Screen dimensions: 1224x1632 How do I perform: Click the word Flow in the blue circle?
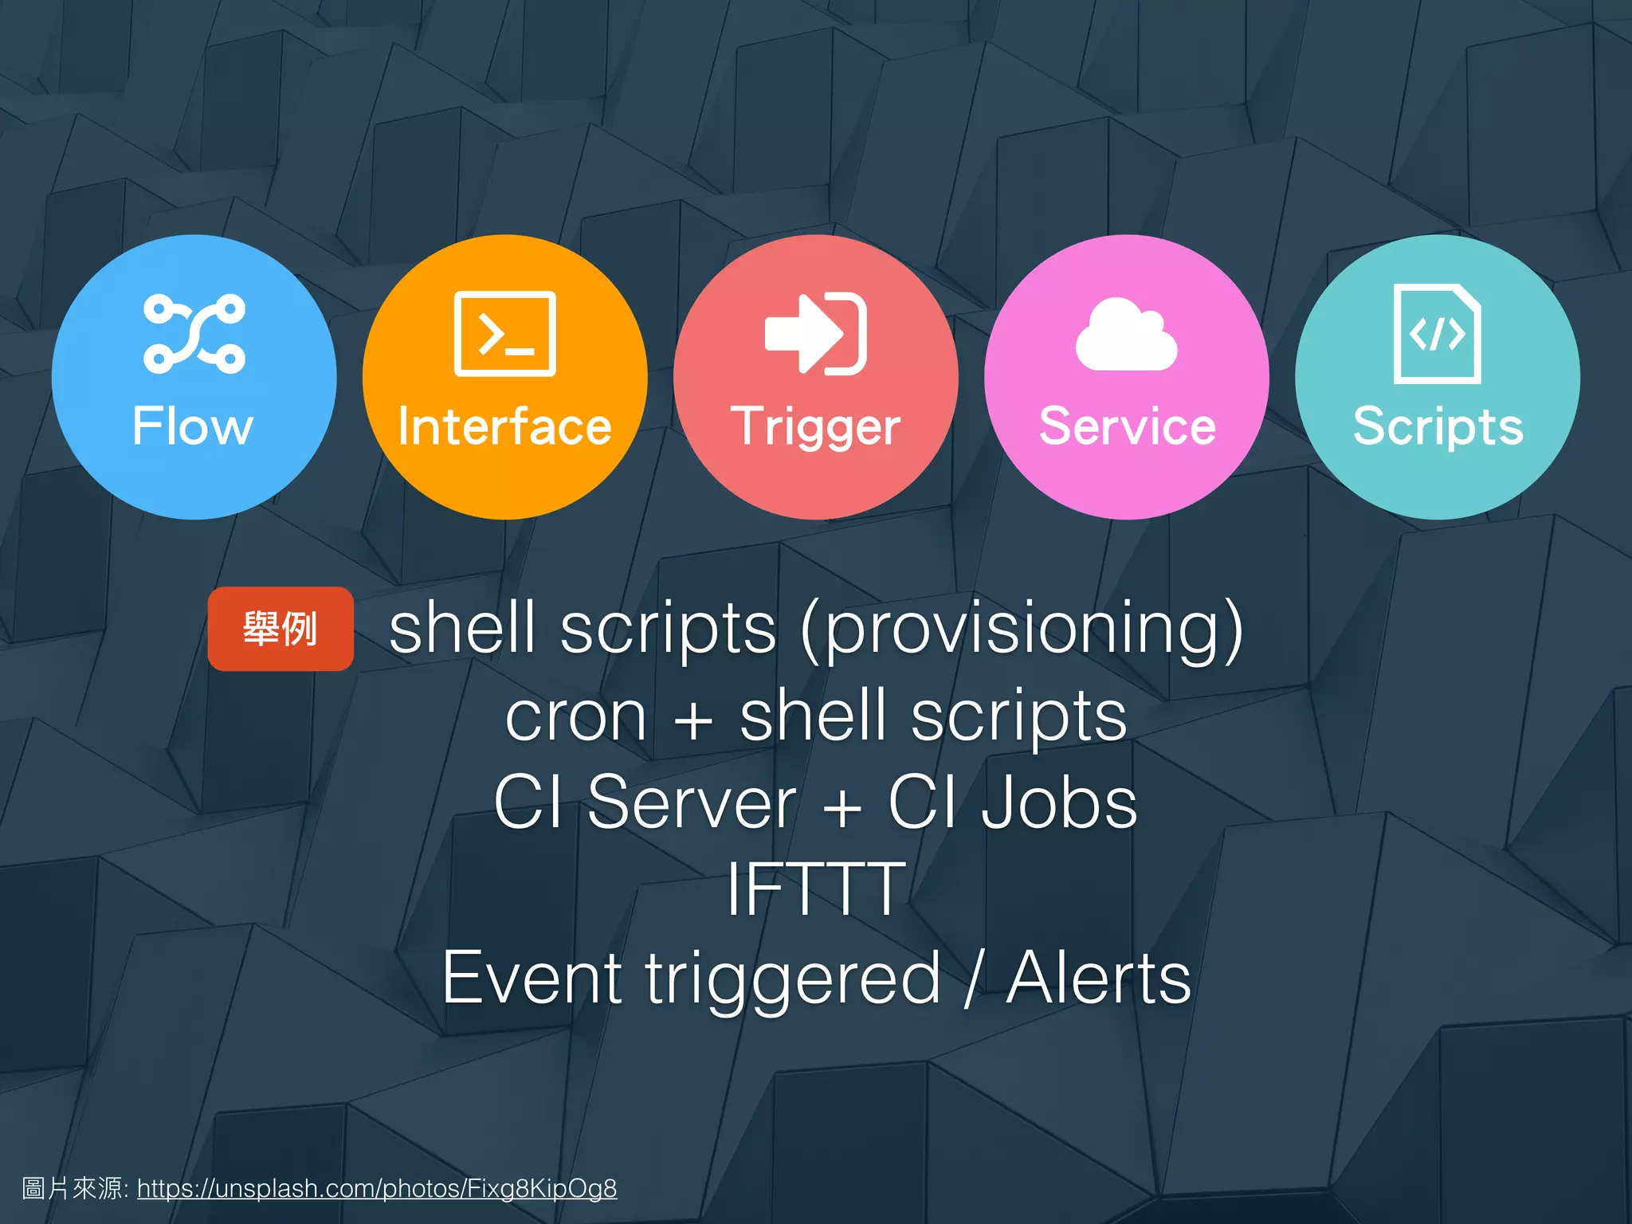[x=193, y=426]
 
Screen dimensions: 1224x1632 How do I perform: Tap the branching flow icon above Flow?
[x=194, y=334]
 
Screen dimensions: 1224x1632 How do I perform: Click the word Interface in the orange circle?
[x=504, y=426]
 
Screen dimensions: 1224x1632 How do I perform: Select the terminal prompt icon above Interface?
[x=504, y=334]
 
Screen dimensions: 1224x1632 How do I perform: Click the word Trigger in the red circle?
[x=815, y=428]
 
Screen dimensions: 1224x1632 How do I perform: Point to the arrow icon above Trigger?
[x=815, y=334]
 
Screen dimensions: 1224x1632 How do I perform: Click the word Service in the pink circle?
[x=1127, y=426]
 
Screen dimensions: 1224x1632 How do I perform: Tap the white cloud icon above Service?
[x=1126, y=335]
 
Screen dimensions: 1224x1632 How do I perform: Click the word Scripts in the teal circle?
[x=1438, y=428]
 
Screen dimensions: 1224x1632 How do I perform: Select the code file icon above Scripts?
[x=1437, y=334]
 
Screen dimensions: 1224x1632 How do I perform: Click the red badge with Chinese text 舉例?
[x=280, y=629]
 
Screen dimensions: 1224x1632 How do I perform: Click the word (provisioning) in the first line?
[x=1022, y=631]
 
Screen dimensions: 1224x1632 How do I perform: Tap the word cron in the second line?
[x=575, y=716]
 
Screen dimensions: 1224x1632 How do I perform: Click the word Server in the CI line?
[x=691, y=802]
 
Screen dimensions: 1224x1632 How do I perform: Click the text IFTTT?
[x=816, y=889]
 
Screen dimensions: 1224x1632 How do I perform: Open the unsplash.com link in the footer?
[x=377, y=1188]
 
